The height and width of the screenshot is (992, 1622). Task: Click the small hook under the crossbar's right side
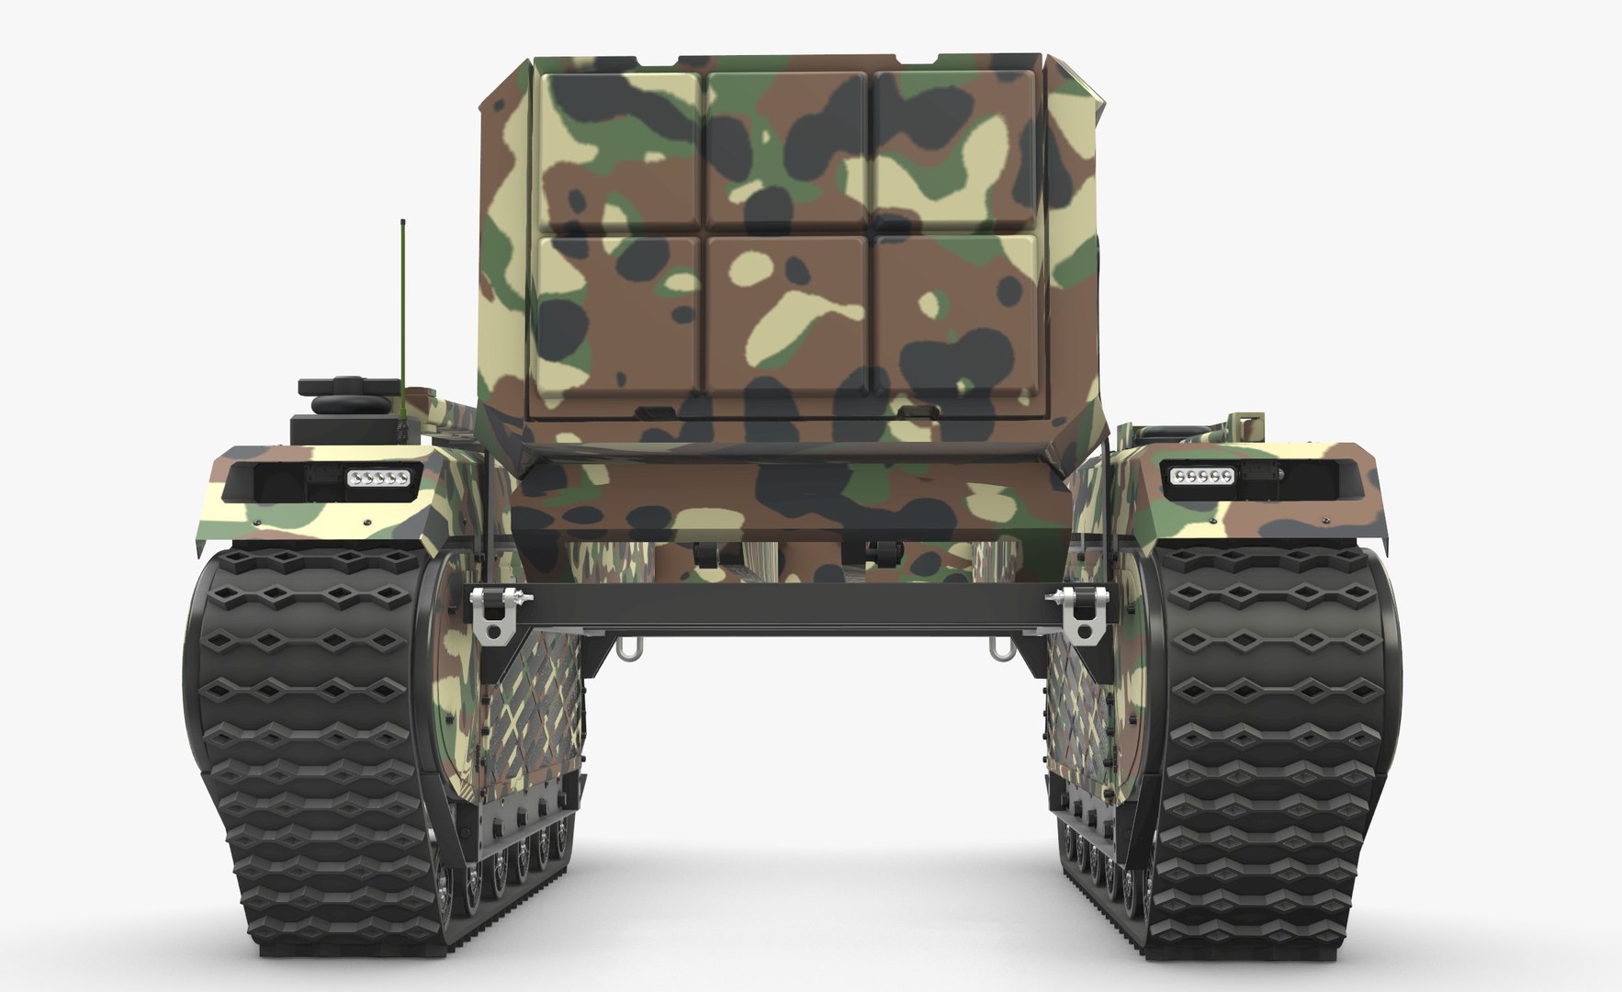999,648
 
